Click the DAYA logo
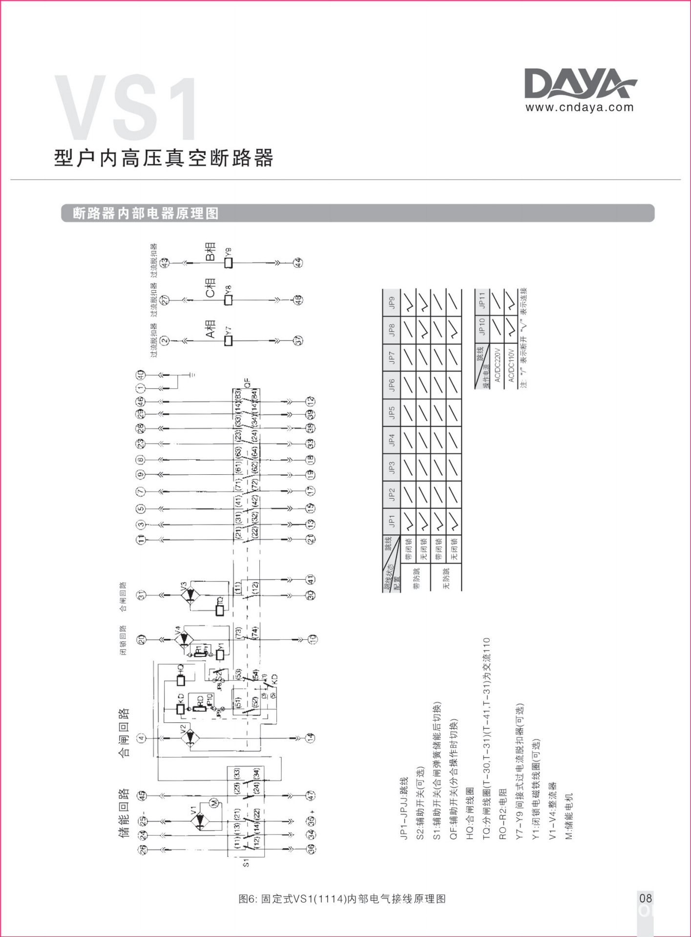tap(580, 84)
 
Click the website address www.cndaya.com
tap(579, 107)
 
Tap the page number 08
tap(645, 897)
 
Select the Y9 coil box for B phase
tap(228, 263)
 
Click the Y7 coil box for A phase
tap(228, 341)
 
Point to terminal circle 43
tap(165, 263)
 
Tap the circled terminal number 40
tap(141, 375)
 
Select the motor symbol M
tap(213, 802)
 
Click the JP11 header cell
tap(482, 300)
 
